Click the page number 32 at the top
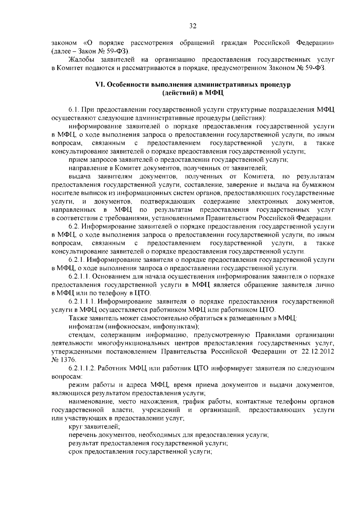pos(193,26)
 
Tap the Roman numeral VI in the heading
pos(99,85)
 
